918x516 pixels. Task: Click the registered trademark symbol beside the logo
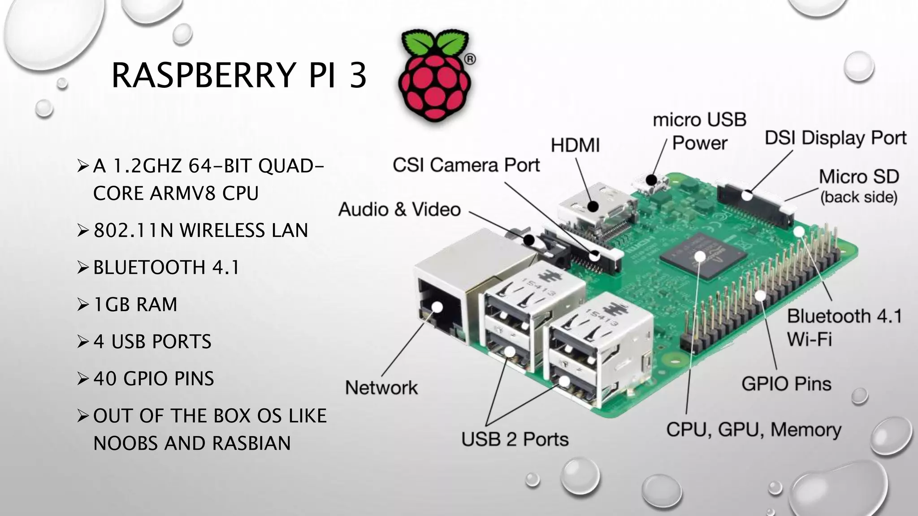pyautogui.click(x=469, y=60)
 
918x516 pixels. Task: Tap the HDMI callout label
pyautogui.click(x=575, y=146)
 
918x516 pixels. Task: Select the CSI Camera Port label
pyautogui.click(x=466, y=165)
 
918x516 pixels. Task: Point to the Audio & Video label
pyautogui.click(x=399, y=210)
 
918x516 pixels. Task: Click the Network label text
pyautogui.click(x=381, y=387)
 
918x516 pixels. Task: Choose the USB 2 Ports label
pyautogui.click(x=515, y=439)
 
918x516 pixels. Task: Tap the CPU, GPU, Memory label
pyautogui.click(x=753, y=430)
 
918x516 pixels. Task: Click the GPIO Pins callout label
pyautogui.click(x=786, y=384)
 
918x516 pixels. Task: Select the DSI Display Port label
pyautogui.click(x=836, y=138)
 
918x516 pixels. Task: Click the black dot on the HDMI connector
pyautogui.click(x=593, y=206)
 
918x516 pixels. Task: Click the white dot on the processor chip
pyautogui.click(x=700, y=256)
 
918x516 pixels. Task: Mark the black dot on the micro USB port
pyautogui.click(x=651, y=180)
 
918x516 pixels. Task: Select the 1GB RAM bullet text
pyautogui.click(x=135, y=305)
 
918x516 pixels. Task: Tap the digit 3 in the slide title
pyautogui.click(x=358, y=75)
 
